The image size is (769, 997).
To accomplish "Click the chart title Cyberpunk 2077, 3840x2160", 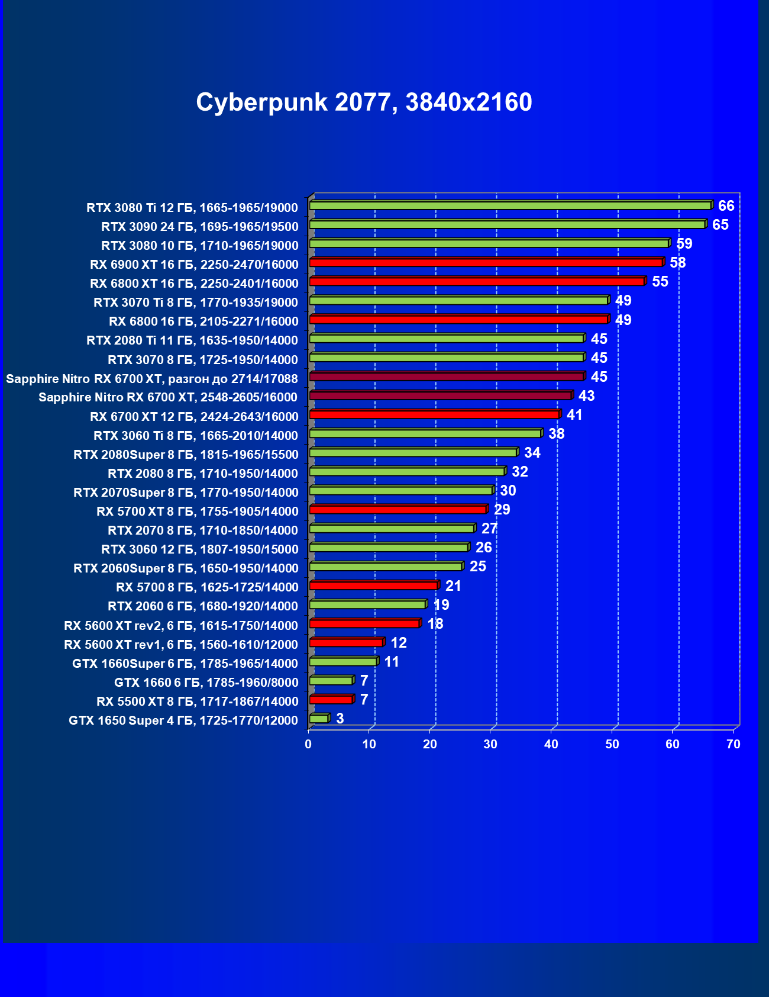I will pyautogui.click(x=364, y=102).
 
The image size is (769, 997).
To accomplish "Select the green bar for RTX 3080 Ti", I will pyautogui.click(x=510, y=205).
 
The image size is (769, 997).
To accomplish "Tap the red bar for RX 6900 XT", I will pyautogui.click(x=486, y=262).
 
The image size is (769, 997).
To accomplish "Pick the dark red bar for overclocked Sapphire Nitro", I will pyautogui.click(x=447, y=377).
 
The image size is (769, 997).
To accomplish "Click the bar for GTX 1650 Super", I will pyautogui.click(x=319, y=719).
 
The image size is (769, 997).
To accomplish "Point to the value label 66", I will pyautogui.click(x=726, y=206).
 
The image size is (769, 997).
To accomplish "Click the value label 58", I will pyautogui.click(x=677, y=263).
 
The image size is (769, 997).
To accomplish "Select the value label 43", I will pyautogui.click(x=586, y=395).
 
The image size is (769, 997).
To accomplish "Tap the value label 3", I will pyautogui.click(x=340, y=719).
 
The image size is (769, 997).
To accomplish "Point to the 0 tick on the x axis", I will pyautogui.click(x=308, y=744).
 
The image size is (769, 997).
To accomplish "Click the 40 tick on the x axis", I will pyautogui.click(x=551, y=744).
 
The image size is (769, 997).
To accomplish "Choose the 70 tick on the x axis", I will pyautogui.click(x=734, y=744).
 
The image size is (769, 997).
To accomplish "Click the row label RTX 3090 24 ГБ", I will pyautogui.click(x=199, y=227).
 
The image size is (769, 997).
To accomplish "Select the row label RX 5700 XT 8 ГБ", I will pyautogui.click(x=197, y=512).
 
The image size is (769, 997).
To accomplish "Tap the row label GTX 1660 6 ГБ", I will pyautogui.click(x=206, y=683).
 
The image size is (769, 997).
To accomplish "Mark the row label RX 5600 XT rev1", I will pyautogui.click(x=180, y=645).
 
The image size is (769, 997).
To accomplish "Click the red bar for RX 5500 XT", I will pyautogui.click(x=331, y=700).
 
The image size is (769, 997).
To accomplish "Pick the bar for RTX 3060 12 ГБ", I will pyautogui.click(x=389, y=548).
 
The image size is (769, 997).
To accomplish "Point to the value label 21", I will pyautogui.click(x=453, y=586).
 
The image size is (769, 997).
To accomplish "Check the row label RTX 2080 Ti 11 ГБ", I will pyautogui.click(x=192, y=340).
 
